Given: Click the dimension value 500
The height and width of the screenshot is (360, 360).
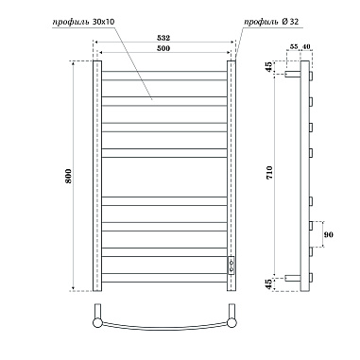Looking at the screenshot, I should pyautogui.click(x=163, y=50).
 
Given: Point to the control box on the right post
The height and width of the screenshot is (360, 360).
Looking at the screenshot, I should pyautogui.click(x=230, y=264).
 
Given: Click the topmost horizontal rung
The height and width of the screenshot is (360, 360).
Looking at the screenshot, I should pyautogui.click(x=163, y=69).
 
